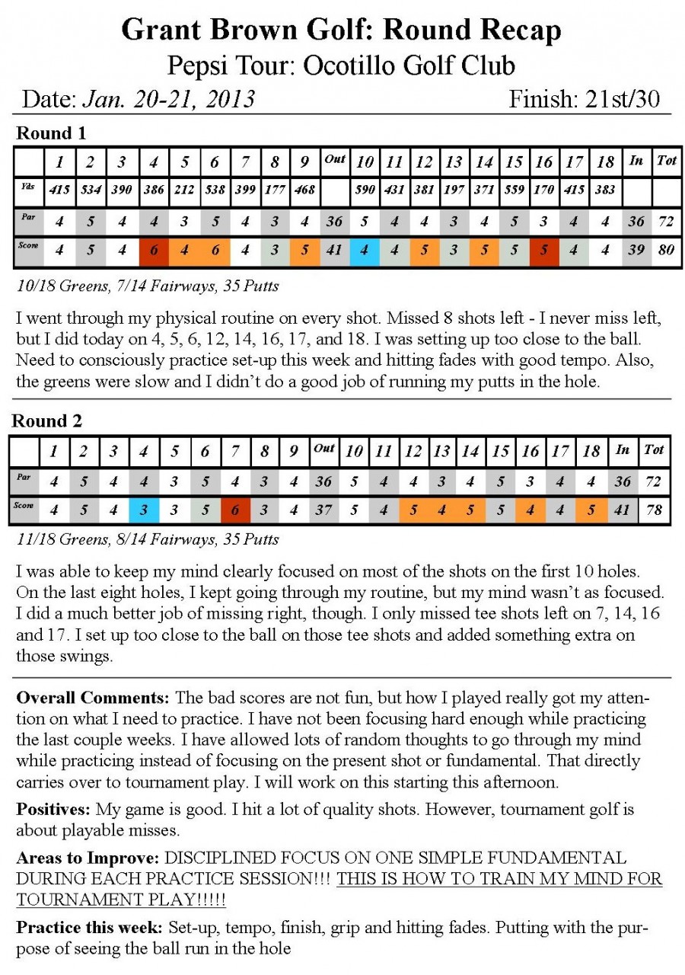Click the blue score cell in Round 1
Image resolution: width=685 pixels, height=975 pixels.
click(x=365, y=251)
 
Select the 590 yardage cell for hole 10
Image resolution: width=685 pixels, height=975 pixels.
click(x=365, y=190)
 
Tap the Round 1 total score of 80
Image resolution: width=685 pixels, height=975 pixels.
click(x=667, y=251)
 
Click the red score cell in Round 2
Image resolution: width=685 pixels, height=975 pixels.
click(x=234, y=510)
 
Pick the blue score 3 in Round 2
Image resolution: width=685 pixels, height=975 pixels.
click(x=143, y=510)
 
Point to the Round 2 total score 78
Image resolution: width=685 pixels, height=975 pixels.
click(x=655, y=510)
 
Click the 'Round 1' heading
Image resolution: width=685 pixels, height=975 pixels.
click(x=51, y=133)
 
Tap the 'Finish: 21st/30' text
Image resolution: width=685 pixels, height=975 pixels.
click(x=584, y=99)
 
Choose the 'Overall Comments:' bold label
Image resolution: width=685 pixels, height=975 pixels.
click(x=93, y=698)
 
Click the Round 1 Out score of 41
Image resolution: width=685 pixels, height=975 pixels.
click(x=334, y=251)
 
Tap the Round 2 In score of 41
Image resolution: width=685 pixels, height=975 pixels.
click(x=623, y=510)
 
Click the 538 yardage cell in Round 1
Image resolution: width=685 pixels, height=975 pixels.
click(x=215, y=190)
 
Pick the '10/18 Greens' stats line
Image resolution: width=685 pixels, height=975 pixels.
click(x=147, y=286)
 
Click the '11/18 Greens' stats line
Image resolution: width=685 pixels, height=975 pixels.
click(x=147, y=539)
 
